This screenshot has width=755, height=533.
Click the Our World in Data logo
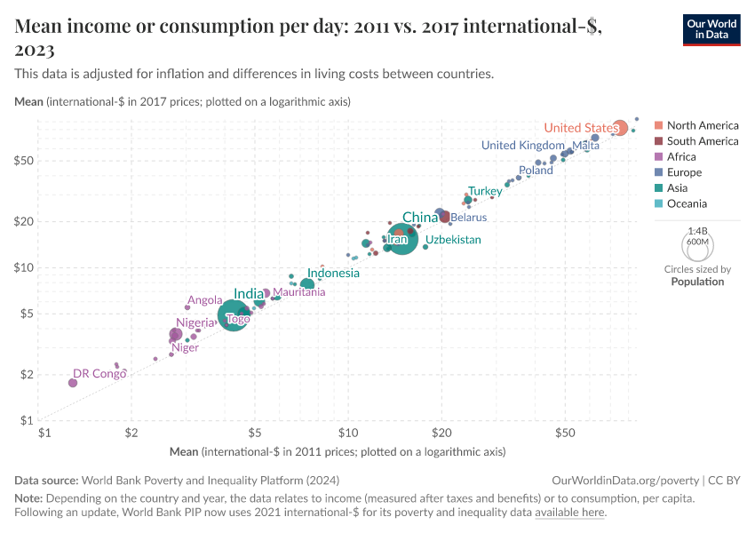pyautogui.click(x=711, y=29)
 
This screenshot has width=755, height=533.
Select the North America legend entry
pyautogui.click(x=695, y=125)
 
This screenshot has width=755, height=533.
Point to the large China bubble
pyautogui.click(x=402, y=239)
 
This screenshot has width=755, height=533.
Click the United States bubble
pyautogui.click(x=620, y=128)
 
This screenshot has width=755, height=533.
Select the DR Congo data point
pyautogui.click(x=73, y=382)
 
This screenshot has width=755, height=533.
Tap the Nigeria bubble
pyautogui.click(x=176, y=335)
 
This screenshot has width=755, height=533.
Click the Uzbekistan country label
pyautogui.click(x=453, y=240)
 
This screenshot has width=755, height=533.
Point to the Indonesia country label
pyautogui.click(x=333, y=273)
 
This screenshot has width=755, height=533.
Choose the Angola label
pyautogui.click(x=204, y=300)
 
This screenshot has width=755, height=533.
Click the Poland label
pyautogui.click(x=536, y=170)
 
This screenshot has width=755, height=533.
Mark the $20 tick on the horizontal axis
pyautogui.click(x=441, y=434)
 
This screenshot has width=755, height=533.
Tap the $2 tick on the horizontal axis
pyautogui.click(x=131, y=434)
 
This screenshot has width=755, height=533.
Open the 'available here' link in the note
pyautogui.click(x=569, y=513)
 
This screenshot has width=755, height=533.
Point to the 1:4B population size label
pyautogui.click(x=697, y=230)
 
